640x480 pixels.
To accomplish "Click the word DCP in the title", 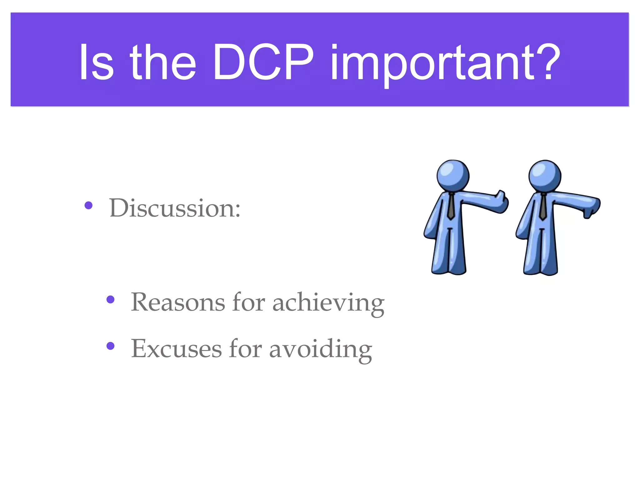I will (x=263, y=62).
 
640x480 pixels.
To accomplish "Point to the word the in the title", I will (x=163, y=62).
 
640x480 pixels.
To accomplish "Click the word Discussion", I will (x=174, y=208).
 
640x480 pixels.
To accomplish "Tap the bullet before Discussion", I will (x=89, y=205).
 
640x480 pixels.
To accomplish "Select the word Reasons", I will (x=177, y=302).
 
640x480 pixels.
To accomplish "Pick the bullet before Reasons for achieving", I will (x=110, y=300).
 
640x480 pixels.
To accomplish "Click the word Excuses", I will (x=176, y=349).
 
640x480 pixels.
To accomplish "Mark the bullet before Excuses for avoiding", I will (x=110, y=346).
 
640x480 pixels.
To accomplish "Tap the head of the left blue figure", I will (x=453, y=175).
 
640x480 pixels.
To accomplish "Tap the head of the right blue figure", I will (x=545, y=175).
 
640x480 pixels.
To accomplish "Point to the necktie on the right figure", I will (x=543, y=206).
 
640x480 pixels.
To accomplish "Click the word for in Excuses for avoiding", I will (x=245, y=349).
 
